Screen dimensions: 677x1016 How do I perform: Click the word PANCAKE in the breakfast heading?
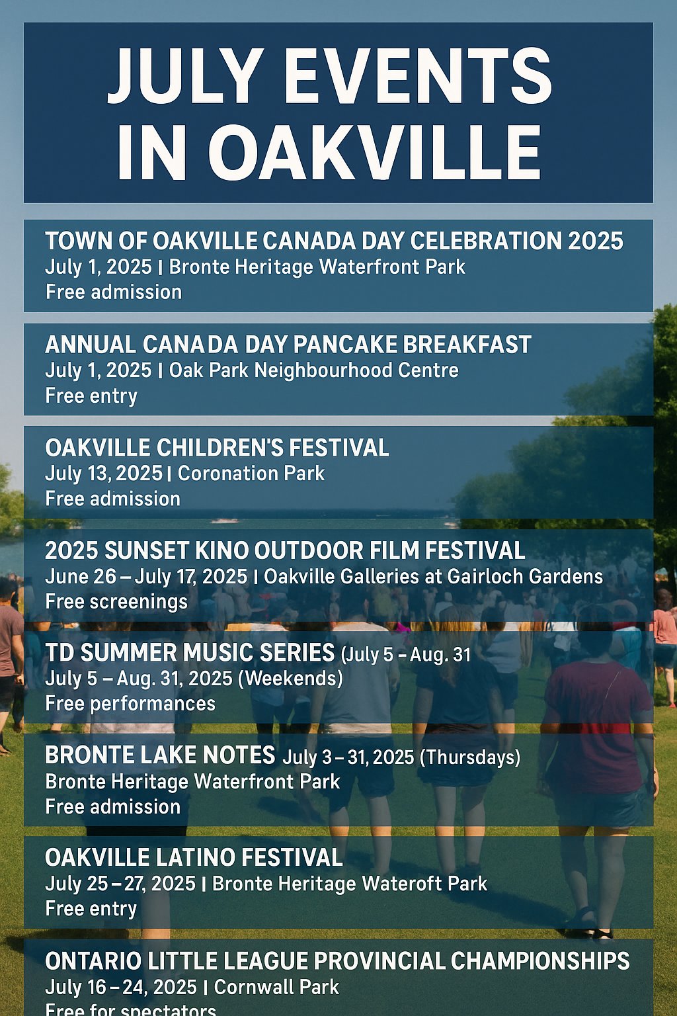(345, 345)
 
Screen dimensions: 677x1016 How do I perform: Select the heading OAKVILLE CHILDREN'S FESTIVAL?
(217, 448)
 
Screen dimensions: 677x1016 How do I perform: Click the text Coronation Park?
(251, 474)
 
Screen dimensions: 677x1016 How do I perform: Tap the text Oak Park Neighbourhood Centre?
(314, 370)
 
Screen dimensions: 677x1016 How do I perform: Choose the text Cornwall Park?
(276, 987)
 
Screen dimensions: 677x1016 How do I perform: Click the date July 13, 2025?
(104, 474)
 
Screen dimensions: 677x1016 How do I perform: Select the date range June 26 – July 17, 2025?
(147, 577)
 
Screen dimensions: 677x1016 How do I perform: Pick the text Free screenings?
(116, 602)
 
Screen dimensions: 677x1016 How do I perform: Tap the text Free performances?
(130, 704)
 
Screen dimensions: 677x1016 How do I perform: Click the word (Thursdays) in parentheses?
(470, 757)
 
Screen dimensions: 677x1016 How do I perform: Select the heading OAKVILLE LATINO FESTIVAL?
(194, 858)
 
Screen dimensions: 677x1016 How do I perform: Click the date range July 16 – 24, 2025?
(121, 988)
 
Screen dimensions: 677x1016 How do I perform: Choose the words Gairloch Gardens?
(525, 577)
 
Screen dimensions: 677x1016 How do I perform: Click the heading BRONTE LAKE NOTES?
(160, 755)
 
